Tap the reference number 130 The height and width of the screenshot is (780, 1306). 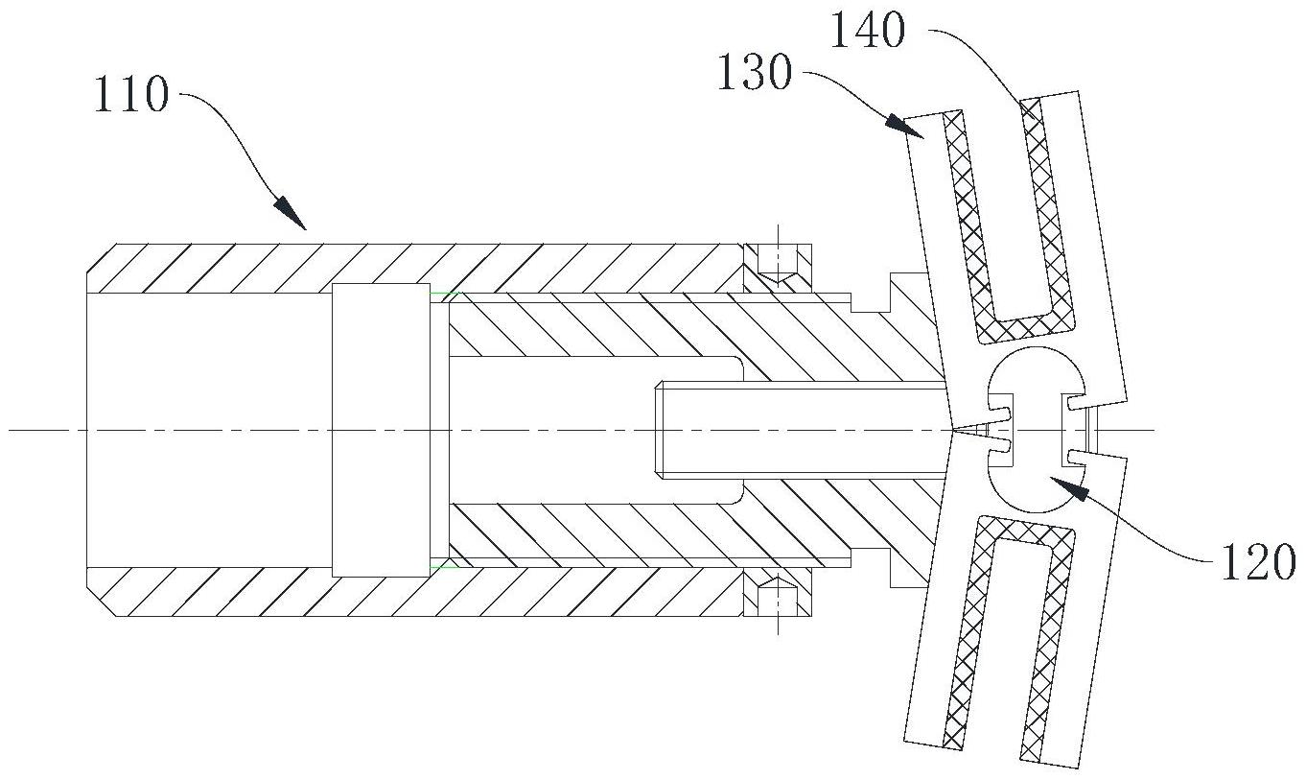(x=755, y=72)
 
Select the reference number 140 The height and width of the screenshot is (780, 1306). (x=868, y=31)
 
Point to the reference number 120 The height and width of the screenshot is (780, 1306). (x=1258, y=562)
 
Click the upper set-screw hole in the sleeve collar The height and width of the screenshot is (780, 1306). (x=778, y=264)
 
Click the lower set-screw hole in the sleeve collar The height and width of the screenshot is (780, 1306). (x=778, y=596)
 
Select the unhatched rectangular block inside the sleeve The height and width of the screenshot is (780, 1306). (x=381, y=430)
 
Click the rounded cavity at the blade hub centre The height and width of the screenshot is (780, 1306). (x=1037, y=430)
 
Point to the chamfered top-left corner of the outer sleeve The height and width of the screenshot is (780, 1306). (x=96, y=258)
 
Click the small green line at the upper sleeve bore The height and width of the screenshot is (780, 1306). (x=444, y=293)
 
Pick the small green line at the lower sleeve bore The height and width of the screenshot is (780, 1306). (x=444, y=566)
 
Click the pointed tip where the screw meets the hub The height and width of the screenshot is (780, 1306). (x=954, y=431)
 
